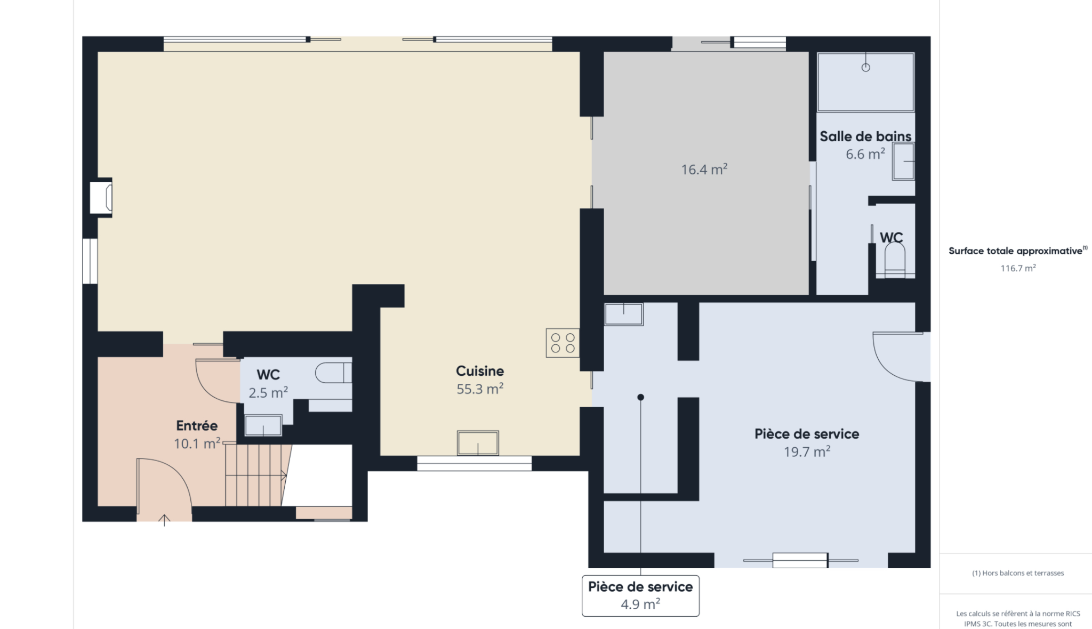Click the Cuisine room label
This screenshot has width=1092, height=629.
click(x=480, y=371)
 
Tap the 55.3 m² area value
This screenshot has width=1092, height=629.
click(x=480, y=389)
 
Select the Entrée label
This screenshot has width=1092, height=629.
click(x=197, y=425)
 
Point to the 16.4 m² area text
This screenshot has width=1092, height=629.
click(x=704, y=170)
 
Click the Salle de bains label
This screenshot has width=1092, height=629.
click(x=865, y=136)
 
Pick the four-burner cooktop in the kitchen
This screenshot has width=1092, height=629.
click(x=563, y=343)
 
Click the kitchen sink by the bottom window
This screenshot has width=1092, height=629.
click(x=478, y=443)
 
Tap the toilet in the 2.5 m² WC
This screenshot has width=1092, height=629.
click(x=333, y=373)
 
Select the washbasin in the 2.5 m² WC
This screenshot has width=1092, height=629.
click(x=263, y=425)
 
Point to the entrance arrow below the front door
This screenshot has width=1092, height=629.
click(x=164, y=520)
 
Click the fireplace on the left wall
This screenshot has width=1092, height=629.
click(x=101, y=198)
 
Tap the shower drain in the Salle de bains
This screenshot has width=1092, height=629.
click(x=866, y=67)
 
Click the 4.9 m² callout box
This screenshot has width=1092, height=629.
click(x=640, y=595)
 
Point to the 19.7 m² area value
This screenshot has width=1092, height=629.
click(x=807, y=452)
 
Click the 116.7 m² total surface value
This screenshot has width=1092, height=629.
click(x=1018, y=268)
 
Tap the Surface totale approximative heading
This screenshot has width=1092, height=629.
click(x=1018, y=251)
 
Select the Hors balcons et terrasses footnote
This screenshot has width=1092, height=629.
click(x=1018, y=573)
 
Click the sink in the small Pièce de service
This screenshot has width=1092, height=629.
click(x=623, y=314)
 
